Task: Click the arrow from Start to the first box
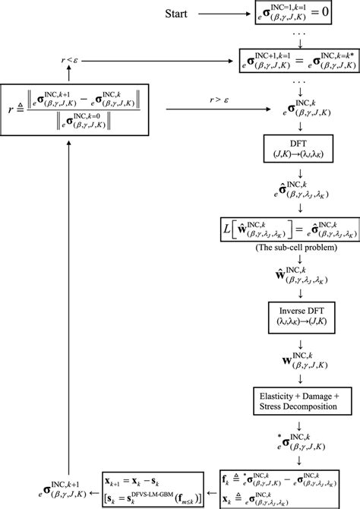click(229, 14)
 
